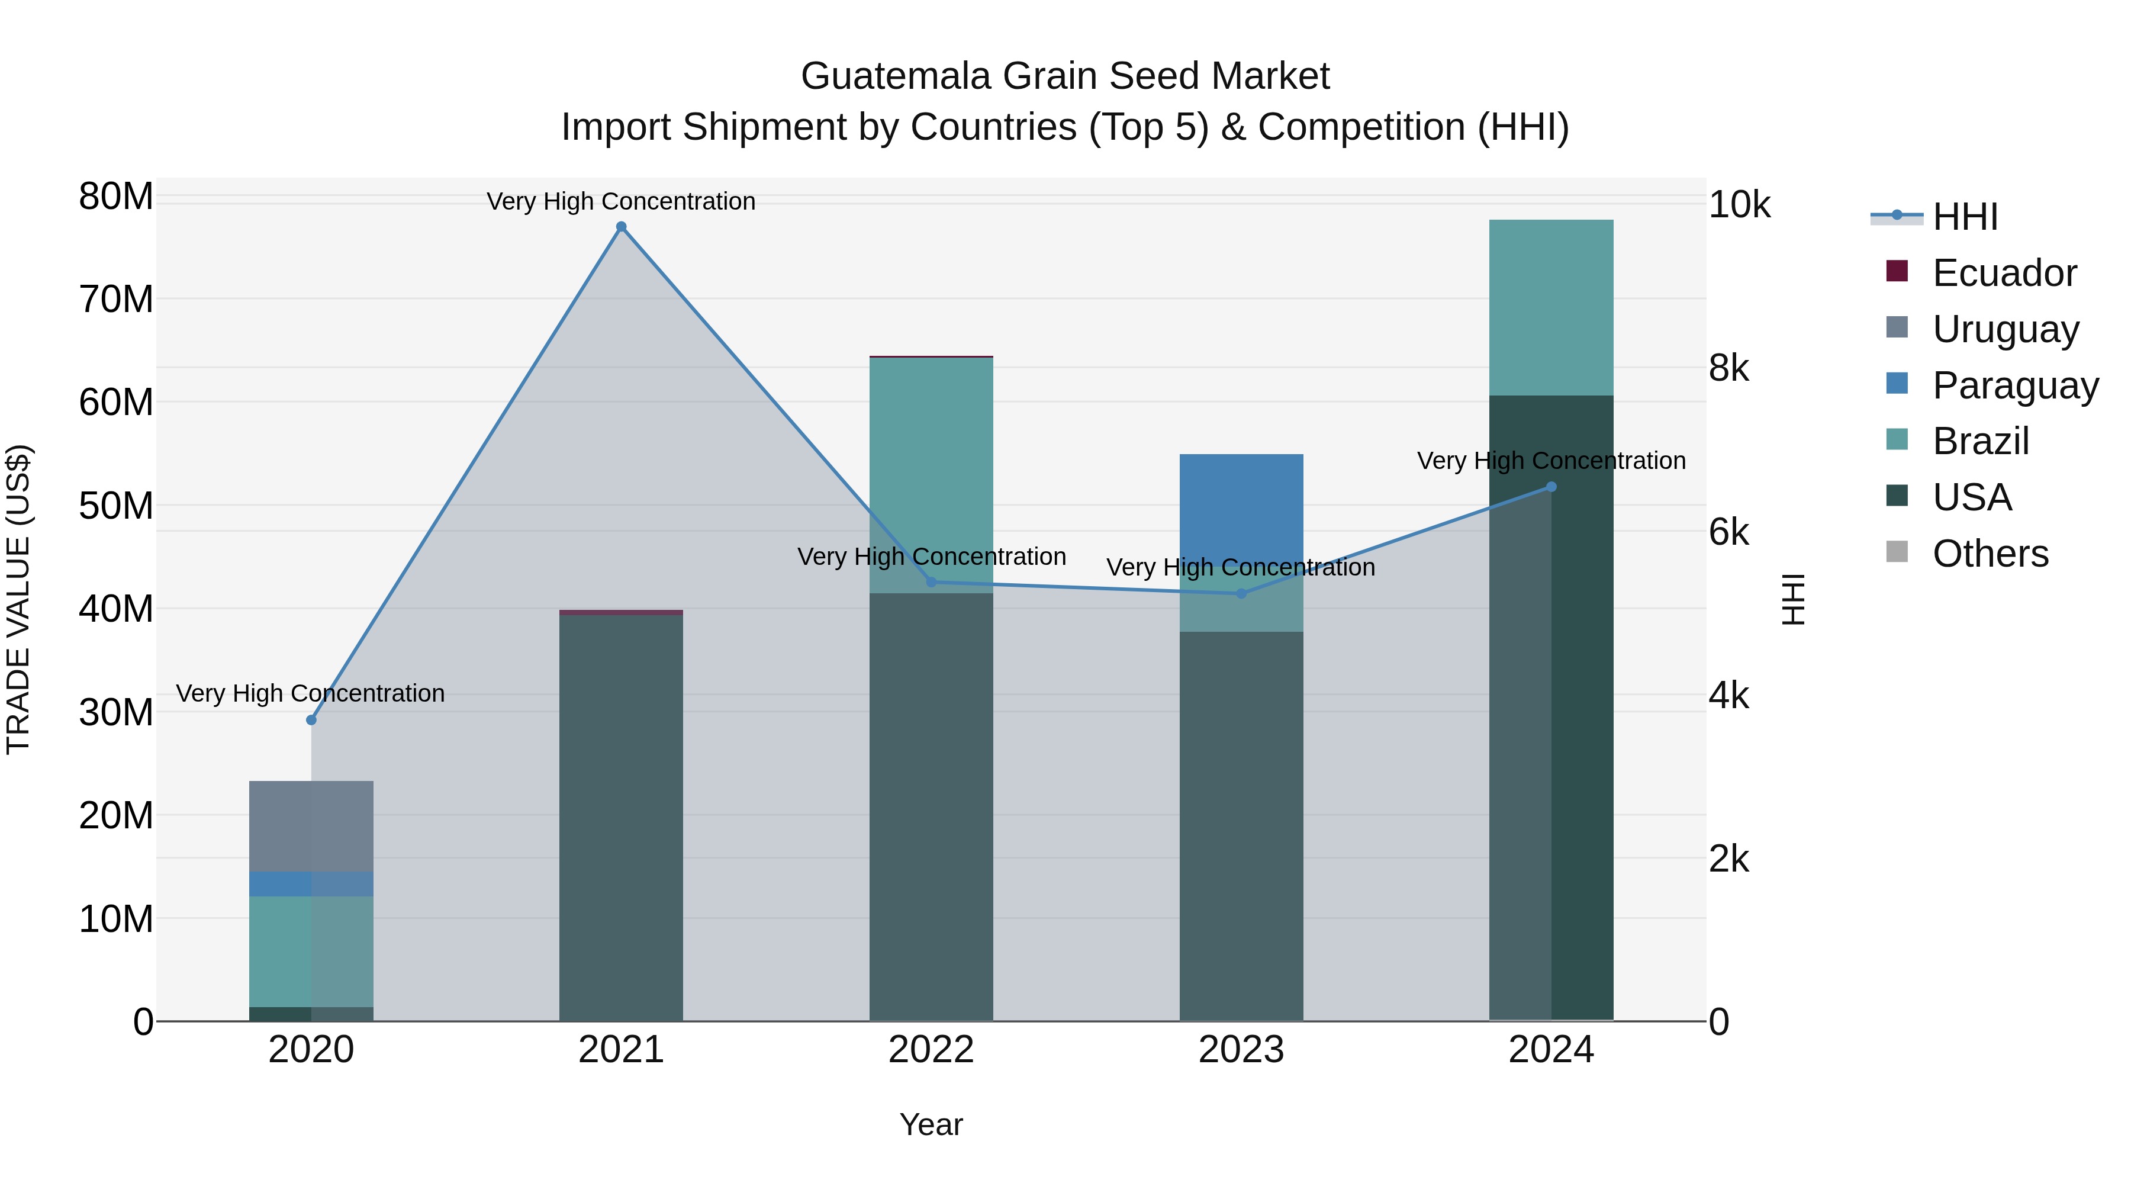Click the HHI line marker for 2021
coord(622,227)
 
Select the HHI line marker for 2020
coord(311,720)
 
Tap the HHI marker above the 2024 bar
coord(1551,487)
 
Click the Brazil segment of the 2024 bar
coord(1551,307)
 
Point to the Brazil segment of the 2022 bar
coord(931,464)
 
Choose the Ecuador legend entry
coord(2004,273)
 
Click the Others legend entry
coord(1990,554)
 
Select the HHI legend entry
coord(1965,217)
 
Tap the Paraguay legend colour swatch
coord(1897,384)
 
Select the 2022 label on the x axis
coord(931,1050)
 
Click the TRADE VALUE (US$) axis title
coord(18,599)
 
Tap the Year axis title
coord(931,1124)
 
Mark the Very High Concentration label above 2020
coord(310,693)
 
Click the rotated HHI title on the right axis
coord(1792,599)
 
